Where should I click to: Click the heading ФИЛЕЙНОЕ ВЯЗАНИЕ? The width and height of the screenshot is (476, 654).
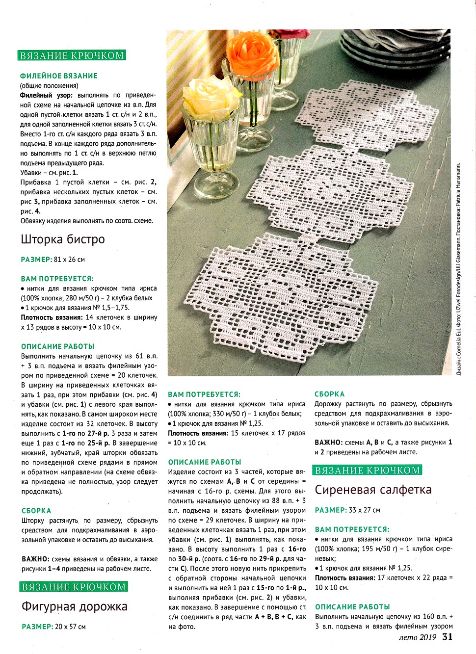pyautogui.click(x=58, y=76)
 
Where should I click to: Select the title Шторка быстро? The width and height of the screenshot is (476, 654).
pyautogui.click(x=63, y=239)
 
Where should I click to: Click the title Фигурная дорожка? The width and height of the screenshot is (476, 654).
pyautogui.click(x=75, y=607)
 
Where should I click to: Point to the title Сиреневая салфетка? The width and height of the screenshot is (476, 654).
pyautogui.click(x=373, y=490)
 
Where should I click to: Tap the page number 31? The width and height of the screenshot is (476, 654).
pyautogui.click(x=447, y=637)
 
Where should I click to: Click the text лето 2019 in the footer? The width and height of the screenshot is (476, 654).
pyautogui.click(x=418, y=637)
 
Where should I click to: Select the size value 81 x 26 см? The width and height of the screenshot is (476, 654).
pyautogui.click(x=69, y=260)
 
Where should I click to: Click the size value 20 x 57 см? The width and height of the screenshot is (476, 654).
pyautogui.click(x=70, y=627)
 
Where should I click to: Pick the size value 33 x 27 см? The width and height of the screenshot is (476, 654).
pyautogui.click(x=364, y=510)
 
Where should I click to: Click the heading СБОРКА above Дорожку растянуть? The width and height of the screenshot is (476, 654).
pyautogui.click(x=329, y=394)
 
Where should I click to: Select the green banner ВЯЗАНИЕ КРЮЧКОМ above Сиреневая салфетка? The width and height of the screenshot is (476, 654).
pyautogui.click(x=368, y=471)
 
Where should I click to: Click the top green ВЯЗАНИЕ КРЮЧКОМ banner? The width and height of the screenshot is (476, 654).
pyautogui.click(x=72, y=55)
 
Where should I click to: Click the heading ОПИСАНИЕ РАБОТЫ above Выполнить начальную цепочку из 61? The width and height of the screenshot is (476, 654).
pyautogui.click(x=57, y=346)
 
